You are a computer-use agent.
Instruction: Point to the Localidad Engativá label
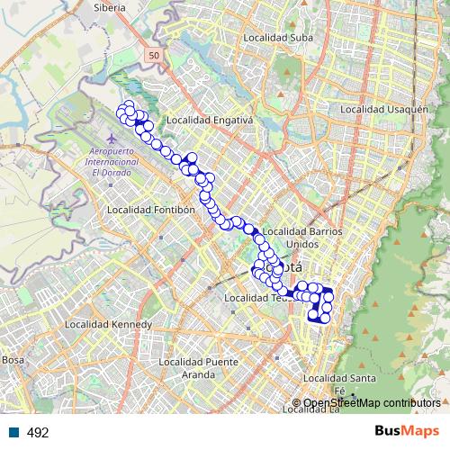211,120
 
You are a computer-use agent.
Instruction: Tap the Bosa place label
13,359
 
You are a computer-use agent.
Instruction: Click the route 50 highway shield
154,56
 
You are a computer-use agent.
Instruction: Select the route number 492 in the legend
38,432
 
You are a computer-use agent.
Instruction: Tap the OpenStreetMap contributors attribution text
372,402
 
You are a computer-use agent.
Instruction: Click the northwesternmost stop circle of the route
121,111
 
